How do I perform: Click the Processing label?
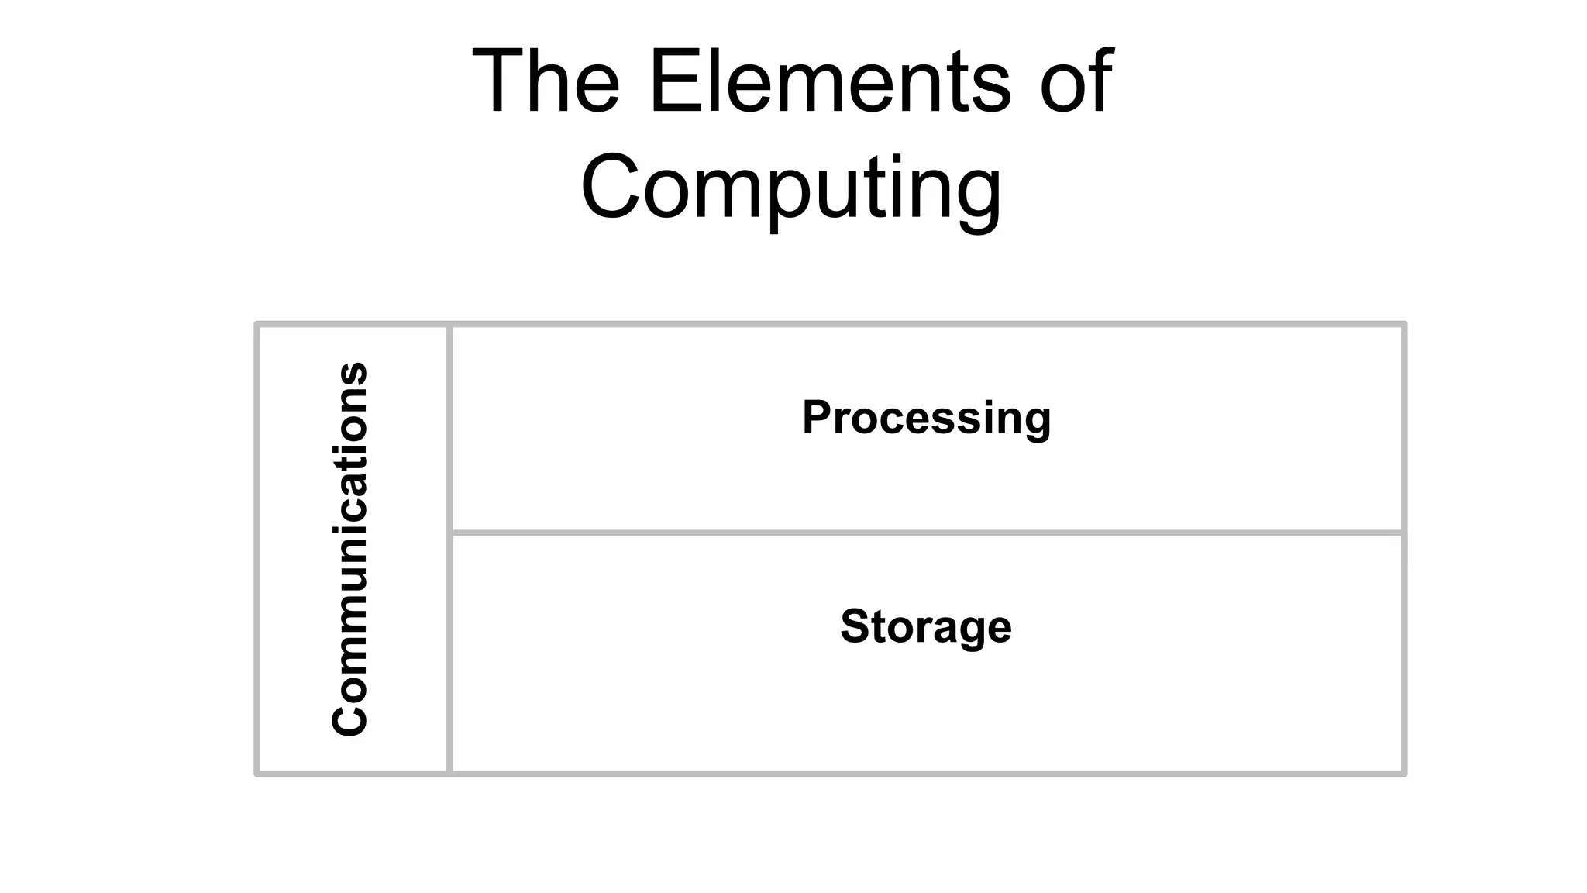(x=926, y=417)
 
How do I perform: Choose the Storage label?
(x=926, y=626)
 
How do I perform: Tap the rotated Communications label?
(x=349, y=548)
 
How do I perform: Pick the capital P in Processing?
(x=818, y=417)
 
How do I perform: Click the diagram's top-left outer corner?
(x=257, y=324)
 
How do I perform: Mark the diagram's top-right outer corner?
(x=1404, y=324)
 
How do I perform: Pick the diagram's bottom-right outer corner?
(x=1404, y=774)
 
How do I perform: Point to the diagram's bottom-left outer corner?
(x=257, y=774)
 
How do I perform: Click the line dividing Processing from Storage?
(x=926, y=533)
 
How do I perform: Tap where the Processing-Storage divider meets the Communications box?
(x=449, y=533)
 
